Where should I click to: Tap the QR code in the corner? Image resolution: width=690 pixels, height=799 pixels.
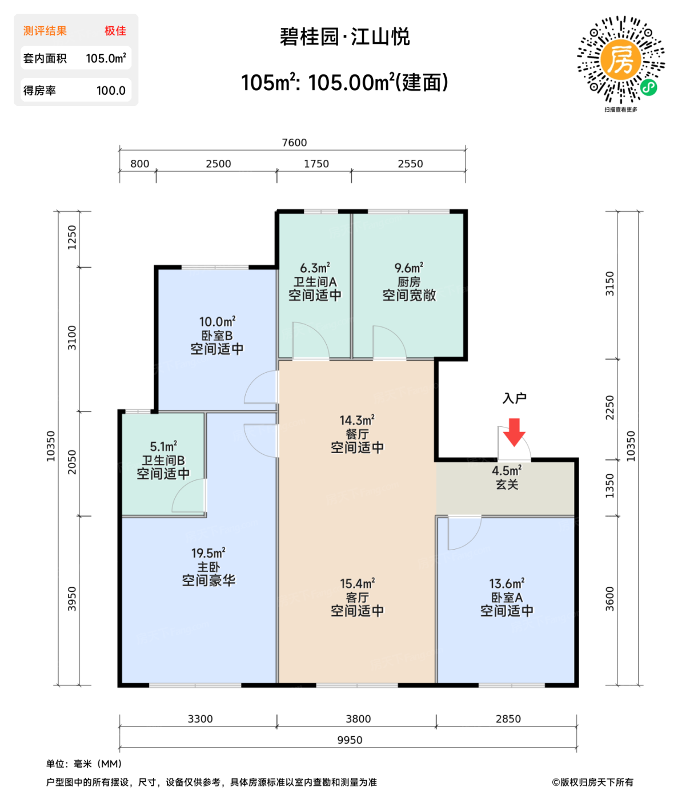point(621,60)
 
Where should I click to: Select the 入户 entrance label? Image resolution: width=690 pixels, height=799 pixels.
point(514,398)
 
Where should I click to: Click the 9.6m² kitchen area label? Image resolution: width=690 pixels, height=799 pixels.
point(408,268)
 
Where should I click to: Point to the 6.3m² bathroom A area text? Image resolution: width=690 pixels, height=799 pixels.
point(315,268)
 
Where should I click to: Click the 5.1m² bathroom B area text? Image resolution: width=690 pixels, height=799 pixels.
point(163,446)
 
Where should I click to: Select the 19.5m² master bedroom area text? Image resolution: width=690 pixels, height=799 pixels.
point(208,553)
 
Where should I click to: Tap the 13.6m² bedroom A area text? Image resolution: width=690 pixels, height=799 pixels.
point(507,583)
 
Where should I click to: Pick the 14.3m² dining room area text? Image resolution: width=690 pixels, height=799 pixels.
point(357,420)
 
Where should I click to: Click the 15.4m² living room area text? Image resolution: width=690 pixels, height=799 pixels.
point(357,583)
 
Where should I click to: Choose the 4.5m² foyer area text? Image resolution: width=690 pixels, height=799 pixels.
point(507,471)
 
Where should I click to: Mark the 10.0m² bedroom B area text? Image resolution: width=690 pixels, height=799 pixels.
point(217,322)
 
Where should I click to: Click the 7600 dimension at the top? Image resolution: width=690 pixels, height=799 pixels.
point(294,143)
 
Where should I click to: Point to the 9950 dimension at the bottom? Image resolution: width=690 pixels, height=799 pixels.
point(350,740)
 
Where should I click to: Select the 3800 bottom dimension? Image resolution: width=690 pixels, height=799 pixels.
point(358,719)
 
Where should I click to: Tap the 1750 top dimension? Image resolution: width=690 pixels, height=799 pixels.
point(316,164)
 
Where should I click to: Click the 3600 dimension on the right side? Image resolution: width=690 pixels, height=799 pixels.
point(610,599)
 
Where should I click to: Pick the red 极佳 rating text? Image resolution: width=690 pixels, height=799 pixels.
point(115,31)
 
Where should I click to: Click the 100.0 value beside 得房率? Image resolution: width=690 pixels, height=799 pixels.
point(111,91)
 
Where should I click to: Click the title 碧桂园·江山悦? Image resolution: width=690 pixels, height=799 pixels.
point(344,37)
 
